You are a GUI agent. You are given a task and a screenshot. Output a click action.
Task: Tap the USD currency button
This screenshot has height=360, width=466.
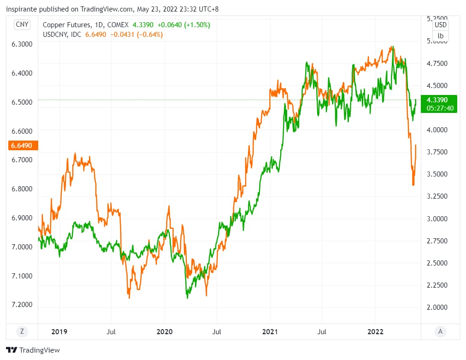[441, 25]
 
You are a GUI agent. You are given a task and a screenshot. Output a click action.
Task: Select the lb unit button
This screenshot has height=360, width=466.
[441, 35]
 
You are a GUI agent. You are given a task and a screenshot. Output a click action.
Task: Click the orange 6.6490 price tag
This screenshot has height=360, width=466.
[23, 146]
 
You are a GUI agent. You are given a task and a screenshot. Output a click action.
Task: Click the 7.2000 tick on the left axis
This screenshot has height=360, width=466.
[22, 305]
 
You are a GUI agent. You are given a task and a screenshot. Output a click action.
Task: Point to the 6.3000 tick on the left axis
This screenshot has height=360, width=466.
[22, 44]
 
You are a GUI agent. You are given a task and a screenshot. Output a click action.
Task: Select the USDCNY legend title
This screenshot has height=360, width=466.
[56, 35]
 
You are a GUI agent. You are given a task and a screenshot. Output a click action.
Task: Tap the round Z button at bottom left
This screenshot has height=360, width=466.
[21, 331]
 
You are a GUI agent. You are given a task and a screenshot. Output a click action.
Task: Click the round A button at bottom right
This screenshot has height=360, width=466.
[441, 331]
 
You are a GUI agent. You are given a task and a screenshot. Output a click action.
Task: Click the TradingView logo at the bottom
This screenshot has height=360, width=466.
[33, 350]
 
